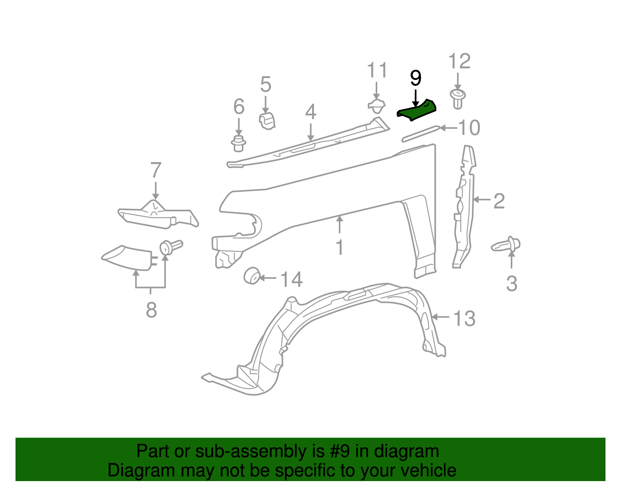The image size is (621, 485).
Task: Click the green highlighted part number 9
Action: [416, 110]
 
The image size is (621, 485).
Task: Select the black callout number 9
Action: [416, 78]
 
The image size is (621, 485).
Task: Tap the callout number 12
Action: [459, 61]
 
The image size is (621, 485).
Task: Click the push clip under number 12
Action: [458, 99]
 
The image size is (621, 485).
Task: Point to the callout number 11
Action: [377, 70]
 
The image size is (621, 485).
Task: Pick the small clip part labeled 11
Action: [376, 106]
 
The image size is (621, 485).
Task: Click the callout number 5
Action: [265, 84]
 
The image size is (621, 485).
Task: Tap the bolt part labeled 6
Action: [238, 144]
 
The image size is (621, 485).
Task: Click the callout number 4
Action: [310, 112]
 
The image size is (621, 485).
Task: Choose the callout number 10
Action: [469, 128]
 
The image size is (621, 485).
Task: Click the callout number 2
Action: [499, 201]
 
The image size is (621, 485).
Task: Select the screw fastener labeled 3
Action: [507, 245]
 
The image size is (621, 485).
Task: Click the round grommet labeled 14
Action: [252, 276]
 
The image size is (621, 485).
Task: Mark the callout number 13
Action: [464, 318]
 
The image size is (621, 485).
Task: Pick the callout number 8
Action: [151, 310]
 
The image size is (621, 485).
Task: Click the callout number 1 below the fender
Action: [340, 247]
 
